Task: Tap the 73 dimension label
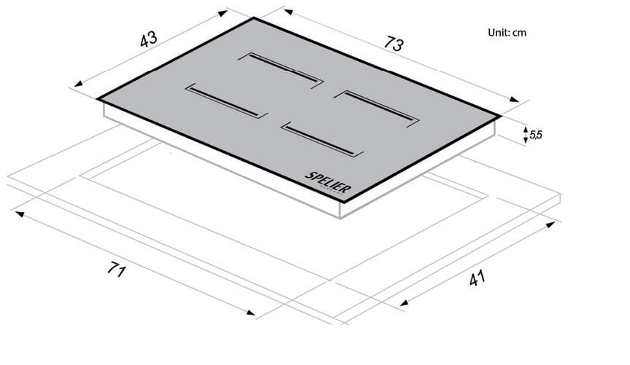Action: point(393,44)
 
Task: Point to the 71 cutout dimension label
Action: point(114,271)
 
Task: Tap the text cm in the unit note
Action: point(519,33)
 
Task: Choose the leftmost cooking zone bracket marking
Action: point(223,100)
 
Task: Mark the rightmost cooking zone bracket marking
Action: point(380,107)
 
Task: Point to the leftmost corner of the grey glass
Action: point(97,98)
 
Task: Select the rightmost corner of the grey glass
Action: point(502,116)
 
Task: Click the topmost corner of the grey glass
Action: point(254,17)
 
